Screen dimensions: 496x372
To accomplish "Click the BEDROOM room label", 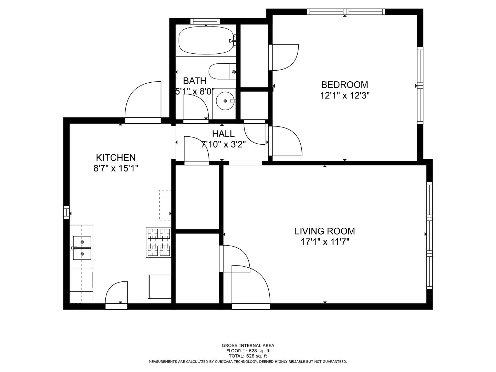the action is click(x=344, y=85).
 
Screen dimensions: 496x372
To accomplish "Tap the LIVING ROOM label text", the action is click(x=325, y=231).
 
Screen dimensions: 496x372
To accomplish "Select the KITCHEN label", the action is click(x=116, y=157).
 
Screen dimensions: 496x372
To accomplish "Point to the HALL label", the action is click(x=223, y=134).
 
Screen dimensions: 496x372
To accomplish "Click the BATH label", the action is click(x=195, y=81).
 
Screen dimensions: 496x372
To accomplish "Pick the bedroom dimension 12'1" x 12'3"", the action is click(x=344, y=95).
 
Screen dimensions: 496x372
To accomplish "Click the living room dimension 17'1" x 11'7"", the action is click(x=325, y=242).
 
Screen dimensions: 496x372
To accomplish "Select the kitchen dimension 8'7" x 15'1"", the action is click(x=116, y=168).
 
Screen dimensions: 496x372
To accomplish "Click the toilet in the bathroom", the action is click(x=223, y=71).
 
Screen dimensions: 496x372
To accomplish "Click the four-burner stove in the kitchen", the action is click(x=158, y=242).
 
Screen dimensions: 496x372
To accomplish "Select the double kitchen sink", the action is click(x=82, y=248).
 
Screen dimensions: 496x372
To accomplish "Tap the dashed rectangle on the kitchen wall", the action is click(x=165, y=205).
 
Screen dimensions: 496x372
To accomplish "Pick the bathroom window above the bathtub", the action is click(x=205, y=21).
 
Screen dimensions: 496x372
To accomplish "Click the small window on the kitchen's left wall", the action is click(x=66, y=213).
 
